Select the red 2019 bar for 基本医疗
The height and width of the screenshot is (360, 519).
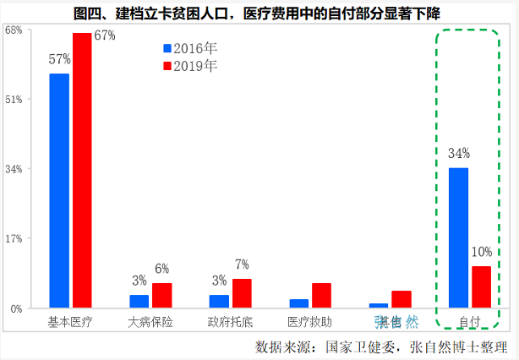tap(82, 170)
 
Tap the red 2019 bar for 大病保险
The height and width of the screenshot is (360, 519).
tap(161, 295)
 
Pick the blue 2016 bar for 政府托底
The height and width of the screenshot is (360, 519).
tap(219, 301)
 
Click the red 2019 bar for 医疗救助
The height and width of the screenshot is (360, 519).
tap(321, 295)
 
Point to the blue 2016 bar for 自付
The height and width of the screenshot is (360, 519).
tap(458, 237)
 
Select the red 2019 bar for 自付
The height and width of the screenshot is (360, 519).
tap(481, 286)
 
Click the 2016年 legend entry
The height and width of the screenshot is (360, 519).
tap(190, 49)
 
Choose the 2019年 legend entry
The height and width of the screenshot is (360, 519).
tap(190, 65)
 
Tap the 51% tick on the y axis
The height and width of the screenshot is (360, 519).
tap(14, 99)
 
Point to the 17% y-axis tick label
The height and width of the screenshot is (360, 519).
tap(14, 238)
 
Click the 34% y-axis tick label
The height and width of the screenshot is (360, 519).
tap(14, 169)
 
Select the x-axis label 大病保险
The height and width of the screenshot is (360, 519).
tap(150, 322)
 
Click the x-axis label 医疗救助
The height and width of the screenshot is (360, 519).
tap(310, 322)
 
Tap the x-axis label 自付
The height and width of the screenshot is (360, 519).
tap(469, 322)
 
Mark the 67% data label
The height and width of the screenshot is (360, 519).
tap(104, 35)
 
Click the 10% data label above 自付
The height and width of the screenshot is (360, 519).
tap(482, 252)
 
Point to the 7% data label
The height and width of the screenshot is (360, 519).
tap(242, 265)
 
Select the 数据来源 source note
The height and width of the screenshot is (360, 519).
tap(380, 346)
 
